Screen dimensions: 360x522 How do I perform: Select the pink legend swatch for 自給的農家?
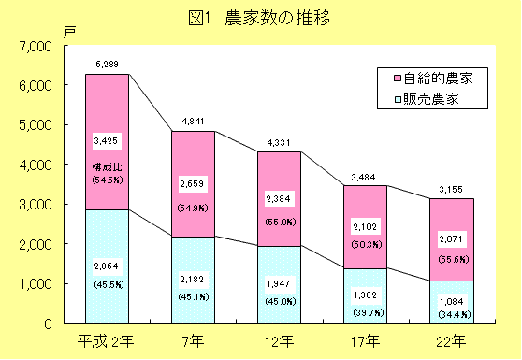point(397,79)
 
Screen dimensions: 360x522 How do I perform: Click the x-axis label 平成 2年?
point(107,339)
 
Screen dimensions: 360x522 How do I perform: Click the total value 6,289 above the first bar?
point(107,64)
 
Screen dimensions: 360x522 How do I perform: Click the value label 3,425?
point(108,141)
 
